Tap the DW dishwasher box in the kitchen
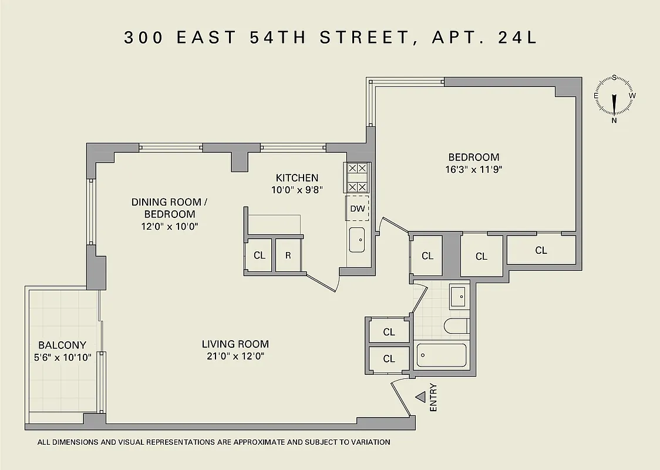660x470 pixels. pyautogui.click(x=357, y=209)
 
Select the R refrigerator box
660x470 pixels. pyautogui.click(x=288, y=256)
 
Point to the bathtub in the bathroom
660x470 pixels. pyautogui.click(x=442, y=355)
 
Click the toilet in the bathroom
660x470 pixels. pyautogui.click(x=456, y=325)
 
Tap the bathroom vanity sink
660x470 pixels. pyautogui.click(x=458, y=297)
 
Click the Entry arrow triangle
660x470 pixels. pyautogui.click(x=420, y=397)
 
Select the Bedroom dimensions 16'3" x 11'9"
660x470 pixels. pyautogui.click(x=473, y=169)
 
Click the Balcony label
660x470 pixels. pyautogui.click(x=62, y=345)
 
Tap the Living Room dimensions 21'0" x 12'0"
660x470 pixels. pyautogui.click(x=235, y=356)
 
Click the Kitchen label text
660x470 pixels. pyautogui.click(x=297, y=177)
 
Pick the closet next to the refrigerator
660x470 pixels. pyautogui.click(x=259, y=256)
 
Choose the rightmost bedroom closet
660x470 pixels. pyautogui.click(x=541, y=250)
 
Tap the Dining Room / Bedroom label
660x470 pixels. pyautogui.click(x=170, y=208)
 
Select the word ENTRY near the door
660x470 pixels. pyautogui.click(x=433, y=397)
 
